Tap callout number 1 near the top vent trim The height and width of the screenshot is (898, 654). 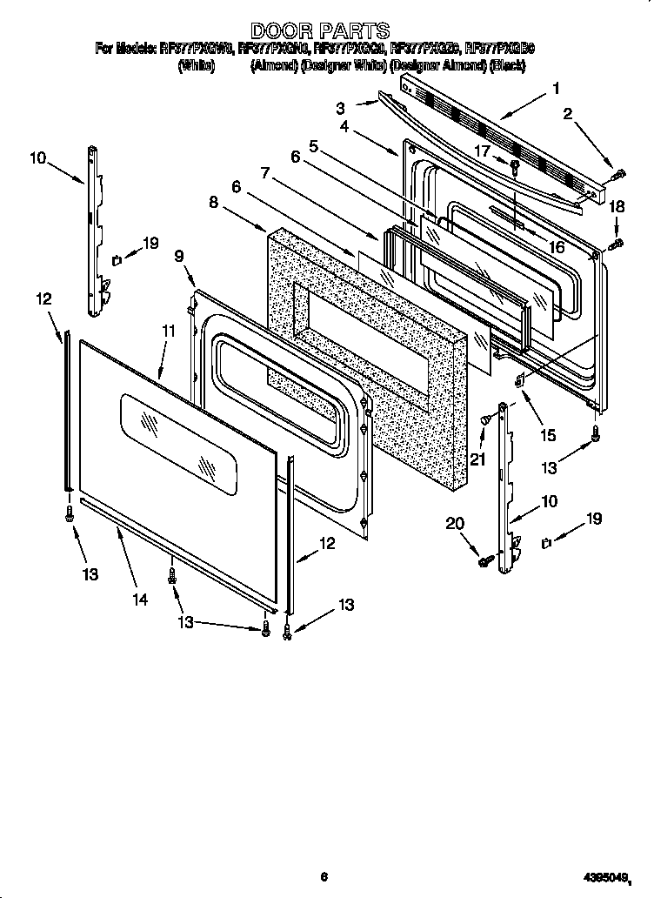coord(556,87)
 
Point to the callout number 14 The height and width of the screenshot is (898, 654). coord(138,600)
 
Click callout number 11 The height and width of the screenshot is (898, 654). coord(168,331)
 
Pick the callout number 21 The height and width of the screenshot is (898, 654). coord(477,459)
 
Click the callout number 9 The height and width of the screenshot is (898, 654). coord(179,256)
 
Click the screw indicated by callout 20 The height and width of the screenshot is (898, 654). coord(484,562)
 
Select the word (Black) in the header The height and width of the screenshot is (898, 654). coord(507,66)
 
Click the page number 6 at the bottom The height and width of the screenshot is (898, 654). coord(324,876)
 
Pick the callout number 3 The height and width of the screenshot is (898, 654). coord(341,108)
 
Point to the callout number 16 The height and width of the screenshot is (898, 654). coord(556,247)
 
